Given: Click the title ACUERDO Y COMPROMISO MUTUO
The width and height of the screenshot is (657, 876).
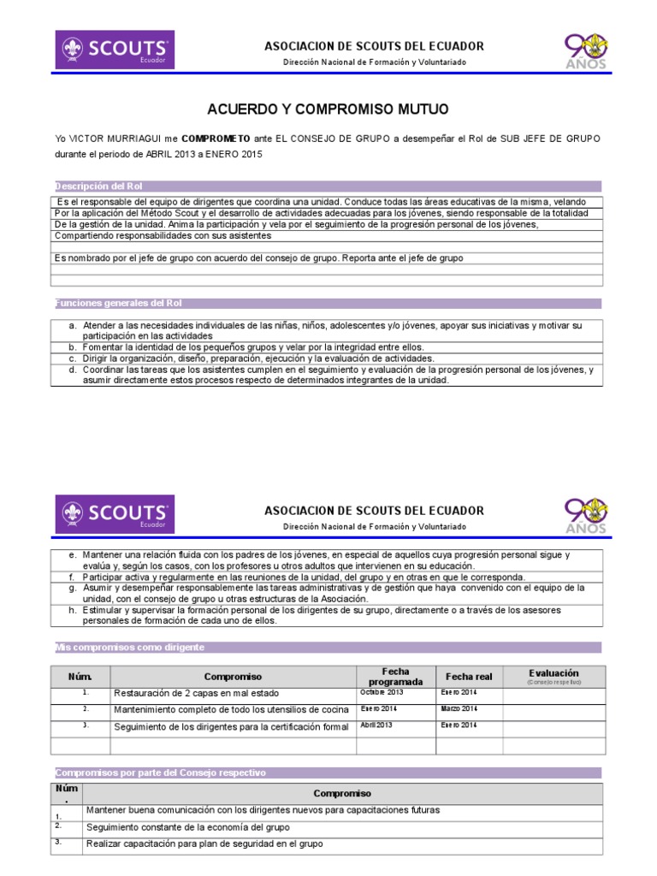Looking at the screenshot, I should (x=328, y=109).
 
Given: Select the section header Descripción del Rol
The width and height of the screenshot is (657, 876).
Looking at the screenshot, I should (x=98, y=186).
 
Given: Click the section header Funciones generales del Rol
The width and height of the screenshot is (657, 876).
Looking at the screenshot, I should (x=118, y=303).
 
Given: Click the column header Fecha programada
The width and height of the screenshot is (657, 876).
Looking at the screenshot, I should (x=395, y=676).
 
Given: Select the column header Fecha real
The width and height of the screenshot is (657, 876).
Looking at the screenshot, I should (x=469, y=677).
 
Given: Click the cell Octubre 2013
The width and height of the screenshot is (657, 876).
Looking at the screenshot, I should (x=382, y=692).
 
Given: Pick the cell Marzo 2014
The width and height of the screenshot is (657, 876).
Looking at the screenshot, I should (x=459, y=709).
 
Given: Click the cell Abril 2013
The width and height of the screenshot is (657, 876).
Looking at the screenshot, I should (x=376, y=725).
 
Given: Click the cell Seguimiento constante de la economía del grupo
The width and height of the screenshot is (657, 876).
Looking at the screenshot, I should (x=187, y=827).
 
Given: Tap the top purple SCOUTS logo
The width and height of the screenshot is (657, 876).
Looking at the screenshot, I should (x=115, y=50).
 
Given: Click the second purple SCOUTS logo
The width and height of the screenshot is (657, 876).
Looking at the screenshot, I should (x=115, y=514).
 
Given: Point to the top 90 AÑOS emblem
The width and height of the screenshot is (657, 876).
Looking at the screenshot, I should (x=586, y=50).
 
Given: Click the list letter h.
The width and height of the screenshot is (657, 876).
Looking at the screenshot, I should (x=74, y=611).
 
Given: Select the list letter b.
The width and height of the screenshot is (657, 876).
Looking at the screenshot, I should (x=74, y=347).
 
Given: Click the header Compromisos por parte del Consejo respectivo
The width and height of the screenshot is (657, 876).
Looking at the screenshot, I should (x=161, y=772).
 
